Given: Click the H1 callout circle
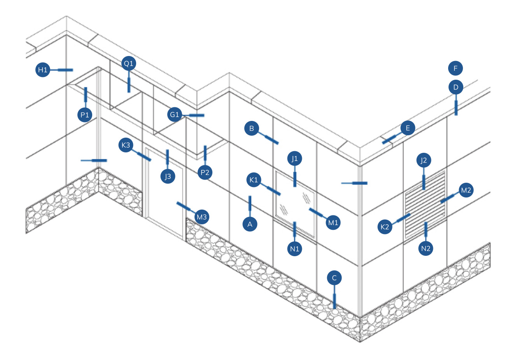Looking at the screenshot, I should [43, 70].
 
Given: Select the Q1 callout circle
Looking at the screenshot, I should [129, 63].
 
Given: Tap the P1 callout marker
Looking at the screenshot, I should [85, 115].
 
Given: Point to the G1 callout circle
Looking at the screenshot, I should [175, 115].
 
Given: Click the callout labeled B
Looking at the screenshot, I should [252, 128].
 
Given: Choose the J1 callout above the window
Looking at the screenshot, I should [294, 159].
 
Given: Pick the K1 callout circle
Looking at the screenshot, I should [254, 180].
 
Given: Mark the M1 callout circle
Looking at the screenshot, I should [333, 223].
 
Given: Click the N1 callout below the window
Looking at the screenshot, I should [294, 248].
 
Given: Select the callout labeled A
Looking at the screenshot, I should [250, 224].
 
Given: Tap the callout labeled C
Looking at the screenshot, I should [334, 278].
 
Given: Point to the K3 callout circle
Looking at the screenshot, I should [126, 145].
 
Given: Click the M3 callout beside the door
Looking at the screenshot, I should [202, 217].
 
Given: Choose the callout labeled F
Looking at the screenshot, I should [456, 68].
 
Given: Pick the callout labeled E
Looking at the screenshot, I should [408, 128].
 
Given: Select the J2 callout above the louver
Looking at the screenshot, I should [424, 160].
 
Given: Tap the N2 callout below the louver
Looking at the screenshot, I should [426, 248].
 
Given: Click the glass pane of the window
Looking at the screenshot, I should [295, 203].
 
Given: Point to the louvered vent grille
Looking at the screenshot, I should [425, 204].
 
